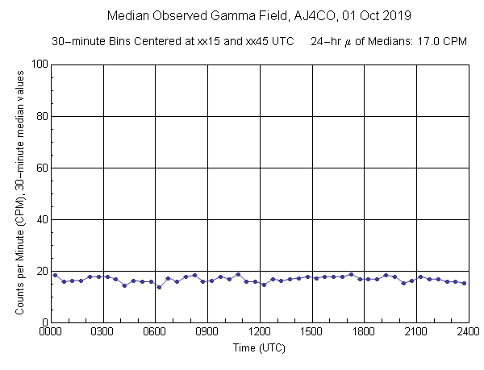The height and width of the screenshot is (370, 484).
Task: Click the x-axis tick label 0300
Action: tap(103, 331)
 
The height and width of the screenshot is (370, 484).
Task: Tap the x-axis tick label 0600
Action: tap(156, 331)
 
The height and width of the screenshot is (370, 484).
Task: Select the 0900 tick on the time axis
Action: tap(207, 331)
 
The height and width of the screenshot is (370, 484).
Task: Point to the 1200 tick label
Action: tap(260, 331)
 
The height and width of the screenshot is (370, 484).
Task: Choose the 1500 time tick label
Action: tap(312, 331)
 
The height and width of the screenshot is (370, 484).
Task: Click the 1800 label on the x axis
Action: tap(364, 331)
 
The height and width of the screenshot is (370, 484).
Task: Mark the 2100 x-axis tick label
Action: tap(416, 331)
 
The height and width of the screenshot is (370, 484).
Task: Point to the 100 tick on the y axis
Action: tap(39, 64)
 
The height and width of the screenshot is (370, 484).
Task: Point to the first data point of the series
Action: tap(55, 275)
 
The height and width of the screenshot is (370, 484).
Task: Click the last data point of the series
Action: tap(464, 283)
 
